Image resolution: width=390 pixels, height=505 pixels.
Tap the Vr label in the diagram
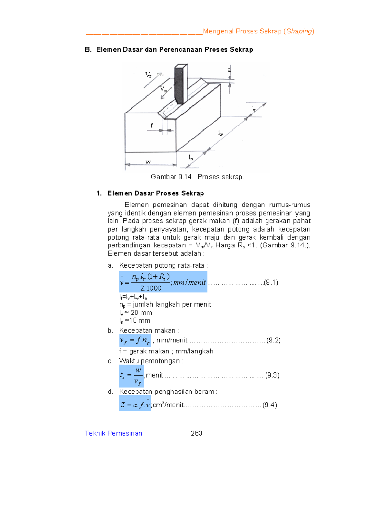pos(148,75)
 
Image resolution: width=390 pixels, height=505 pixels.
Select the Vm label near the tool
pos(163,89)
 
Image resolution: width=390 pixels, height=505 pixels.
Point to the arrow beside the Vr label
pos(153,81)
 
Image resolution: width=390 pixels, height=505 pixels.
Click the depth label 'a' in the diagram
pos(229,70)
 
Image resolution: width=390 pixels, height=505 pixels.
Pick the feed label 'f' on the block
pos(151,126)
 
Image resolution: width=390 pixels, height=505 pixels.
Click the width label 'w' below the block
pos(148,162)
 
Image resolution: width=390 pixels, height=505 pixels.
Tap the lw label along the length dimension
pos(220,133)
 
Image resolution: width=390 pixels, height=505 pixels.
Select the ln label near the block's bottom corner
pos(191,158)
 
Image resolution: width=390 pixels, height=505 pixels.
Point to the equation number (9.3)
pos(272,375)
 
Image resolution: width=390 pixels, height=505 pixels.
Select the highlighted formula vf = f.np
pos(135,340)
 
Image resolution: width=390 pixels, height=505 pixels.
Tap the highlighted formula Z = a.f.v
pos(135,405)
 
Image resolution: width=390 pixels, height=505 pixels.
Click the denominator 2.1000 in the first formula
pos(151,288)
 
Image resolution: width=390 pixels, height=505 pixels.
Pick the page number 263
pos(197,433)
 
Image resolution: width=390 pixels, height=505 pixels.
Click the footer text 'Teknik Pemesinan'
pos(113,433)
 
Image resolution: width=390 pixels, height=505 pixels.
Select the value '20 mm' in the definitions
pos(141,313)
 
